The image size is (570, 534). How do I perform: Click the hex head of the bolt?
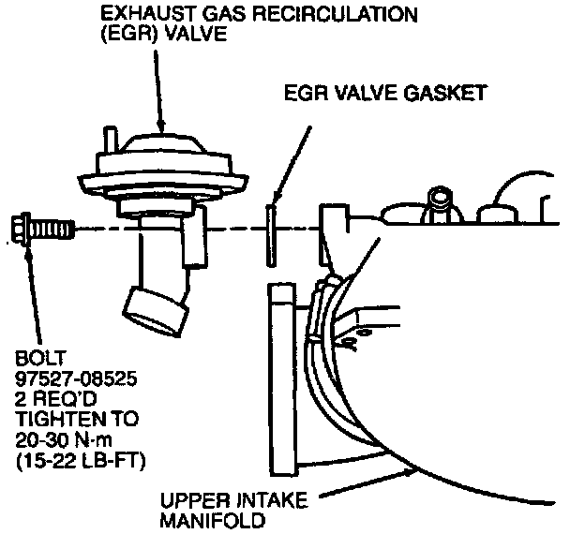click(21, 228)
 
